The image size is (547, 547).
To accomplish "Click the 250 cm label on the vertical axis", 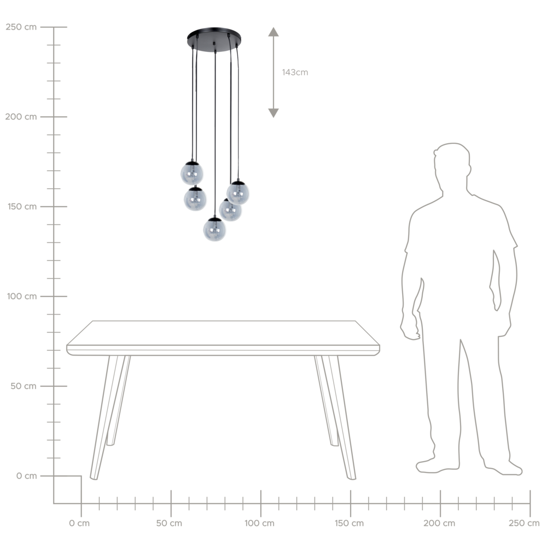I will click(x=21, y=27).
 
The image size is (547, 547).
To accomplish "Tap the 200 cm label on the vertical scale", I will click(x=21, y=117).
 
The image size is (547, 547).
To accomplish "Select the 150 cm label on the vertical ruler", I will click(x=21, y=207).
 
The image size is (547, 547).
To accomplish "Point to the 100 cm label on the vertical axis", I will click(x=21, y=296).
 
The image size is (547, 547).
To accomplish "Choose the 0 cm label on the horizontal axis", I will click(x=79, y=523).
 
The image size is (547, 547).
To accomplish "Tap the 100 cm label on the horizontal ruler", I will click(x=259, y=523).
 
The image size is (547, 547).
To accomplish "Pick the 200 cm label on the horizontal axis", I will click(x=439, y=523).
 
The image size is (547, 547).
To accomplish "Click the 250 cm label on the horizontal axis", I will click(x=524, y=523).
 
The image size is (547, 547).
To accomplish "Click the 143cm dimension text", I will click(x=295, y=72).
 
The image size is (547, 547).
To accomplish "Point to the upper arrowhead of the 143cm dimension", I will click(x=273, y=32).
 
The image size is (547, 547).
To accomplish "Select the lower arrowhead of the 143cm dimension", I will click(x=273, y=113).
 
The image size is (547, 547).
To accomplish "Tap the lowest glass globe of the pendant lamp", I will click(x=214, y=229).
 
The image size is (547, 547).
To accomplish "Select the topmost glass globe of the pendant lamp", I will click(x=192, y=173).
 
